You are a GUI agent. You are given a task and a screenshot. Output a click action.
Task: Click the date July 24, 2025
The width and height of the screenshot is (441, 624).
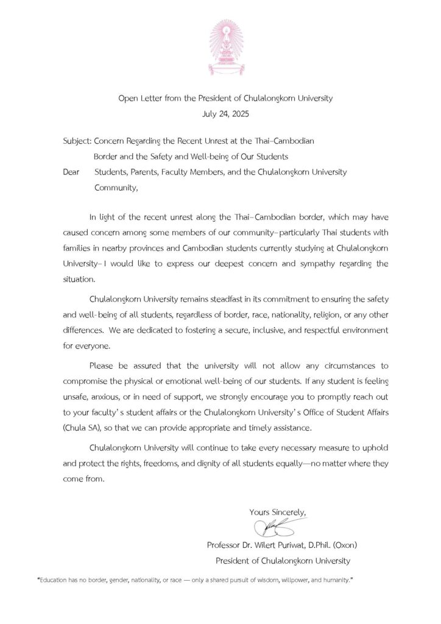pos(220,113)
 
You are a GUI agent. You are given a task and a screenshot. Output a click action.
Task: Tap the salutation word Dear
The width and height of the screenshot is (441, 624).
pos(72,172)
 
